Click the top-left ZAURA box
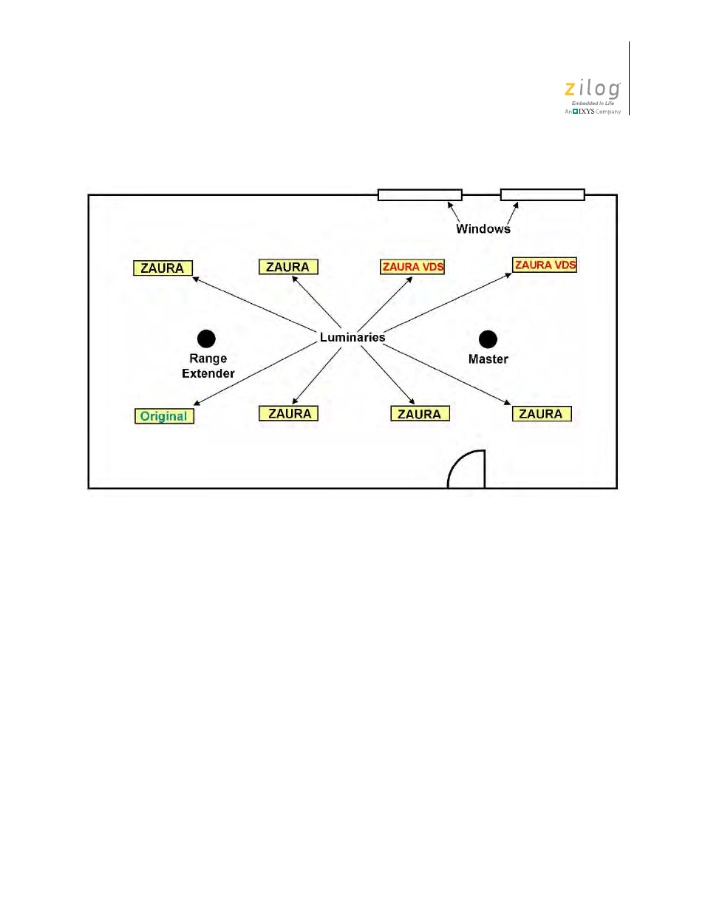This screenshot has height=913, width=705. (163, 268)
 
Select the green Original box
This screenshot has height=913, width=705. (164, 416)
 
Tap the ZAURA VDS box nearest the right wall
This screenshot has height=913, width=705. (545, 265)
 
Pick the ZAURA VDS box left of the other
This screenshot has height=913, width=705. (412, 267)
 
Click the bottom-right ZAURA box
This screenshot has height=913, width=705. (542, 414)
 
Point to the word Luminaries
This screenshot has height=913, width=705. (352, 338)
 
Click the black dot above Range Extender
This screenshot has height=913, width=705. (206, 339)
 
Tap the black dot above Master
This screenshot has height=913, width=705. (488, 339)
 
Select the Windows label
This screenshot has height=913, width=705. (483, 229)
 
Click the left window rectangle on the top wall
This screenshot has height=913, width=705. (420, 195)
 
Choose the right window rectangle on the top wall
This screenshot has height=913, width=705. (542, 194)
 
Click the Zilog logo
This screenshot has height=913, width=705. (593, 90)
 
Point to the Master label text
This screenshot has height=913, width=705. (488, 359)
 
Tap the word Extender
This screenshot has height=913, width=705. (208, 374)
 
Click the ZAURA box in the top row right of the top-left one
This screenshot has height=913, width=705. (288, 267)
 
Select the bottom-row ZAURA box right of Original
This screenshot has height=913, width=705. (289, 414)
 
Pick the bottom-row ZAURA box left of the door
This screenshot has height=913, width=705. (420, 414)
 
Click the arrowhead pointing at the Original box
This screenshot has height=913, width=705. (197, 404)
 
